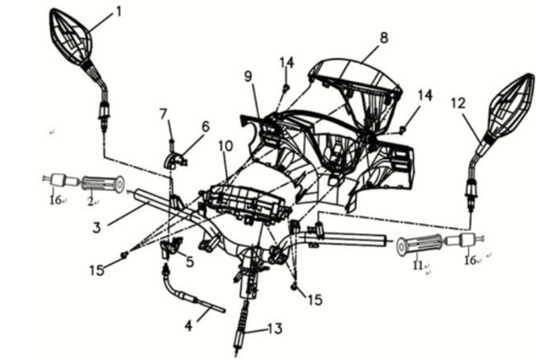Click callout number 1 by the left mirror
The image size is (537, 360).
pos(118,11)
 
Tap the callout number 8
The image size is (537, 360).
pos(384,37)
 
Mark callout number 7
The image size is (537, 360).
pos(163,113)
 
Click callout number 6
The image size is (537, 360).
pos(205,126)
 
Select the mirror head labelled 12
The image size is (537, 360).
pos(508,110)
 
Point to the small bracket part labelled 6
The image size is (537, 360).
pos(177,160)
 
